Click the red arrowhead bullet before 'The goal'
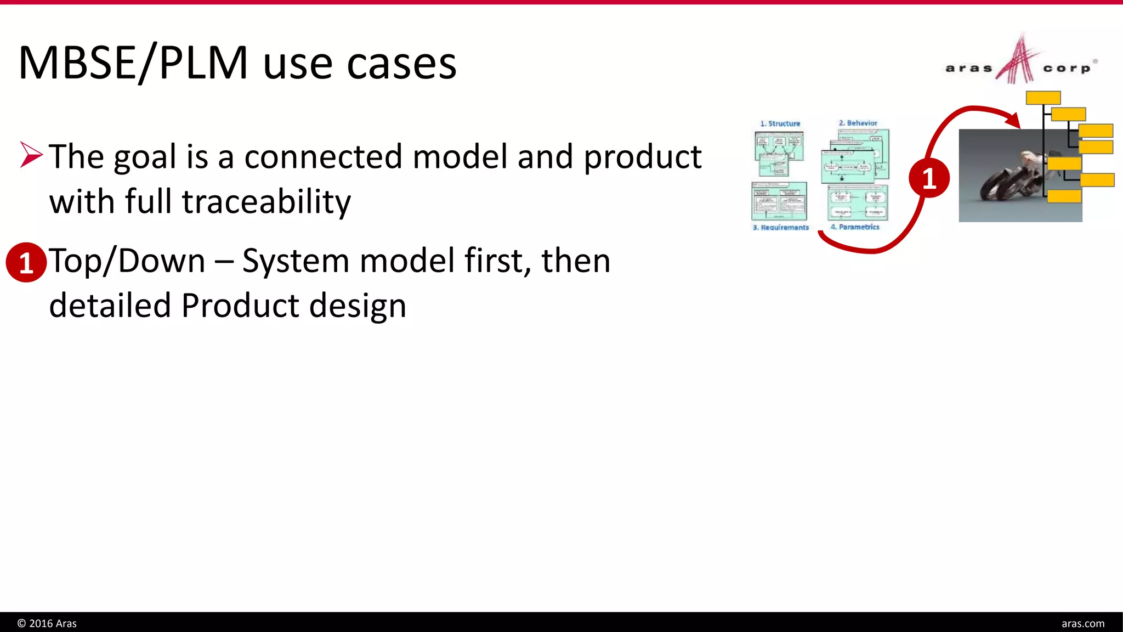pyautogui.click(x=31, y=155)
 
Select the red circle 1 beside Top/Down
pyautogui.click(x=26, y=263)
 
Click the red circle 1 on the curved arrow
pyautogui.click(x=929, y=178)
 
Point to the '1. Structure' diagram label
pyautogui.click(x=780, y=123)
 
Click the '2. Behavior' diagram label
pyautogui.click(x=858, y=123)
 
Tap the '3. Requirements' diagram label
pyautogui.click(x=780, y=227)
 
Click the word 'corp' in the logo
pyautogui.click(x=1067, y=69)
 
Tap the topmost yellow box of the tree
pyautogui.click(x=1043, y=98)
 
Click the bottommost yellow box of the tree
pyautogui.click(x=1064, y=196)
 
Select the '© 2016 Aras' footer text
pyautogui.click(x=47, y=623)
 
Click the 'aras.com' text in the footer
pyautogui.click(x=1082, y=623)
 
